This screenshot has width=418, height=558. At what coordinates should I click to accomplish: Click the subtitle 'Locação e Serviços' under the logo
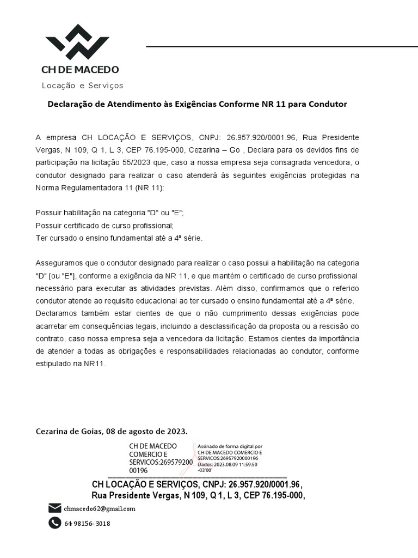[x=83, y=86]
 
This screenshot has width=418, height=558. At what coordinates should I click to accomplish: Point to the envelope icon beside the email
[x=54, y=508]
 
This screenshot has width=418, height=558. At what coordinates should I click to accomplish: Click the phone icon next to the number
[x=54, y=523]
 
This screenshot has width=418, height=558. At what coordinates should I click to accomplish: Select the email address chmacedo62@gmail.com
[x=100, y=509]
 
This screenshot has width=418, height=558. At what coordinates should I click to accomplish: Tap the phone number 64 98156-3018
[x=87, y=524]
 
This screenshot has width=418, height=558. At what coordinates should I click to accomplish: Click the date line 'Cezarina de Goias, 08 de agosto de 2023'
[x=112, y=432]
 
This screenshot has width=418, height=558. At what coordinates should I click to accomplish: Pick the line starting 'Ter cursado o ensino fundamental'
[x=119, y=239]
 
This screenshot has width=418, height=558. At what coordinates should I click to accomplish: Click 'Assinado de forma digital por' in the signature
[x=230, y=446]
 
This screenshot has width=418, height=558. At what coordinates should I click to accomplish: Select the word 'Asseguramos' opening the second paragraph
[x=59, y=263]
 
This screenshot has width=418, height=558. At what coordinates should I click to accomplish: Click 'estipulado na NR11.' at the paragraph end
[x=70, y=363]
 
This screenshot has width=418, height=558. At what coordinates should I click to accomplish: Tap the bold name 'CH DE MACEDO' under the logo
[x=80, y=70]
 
